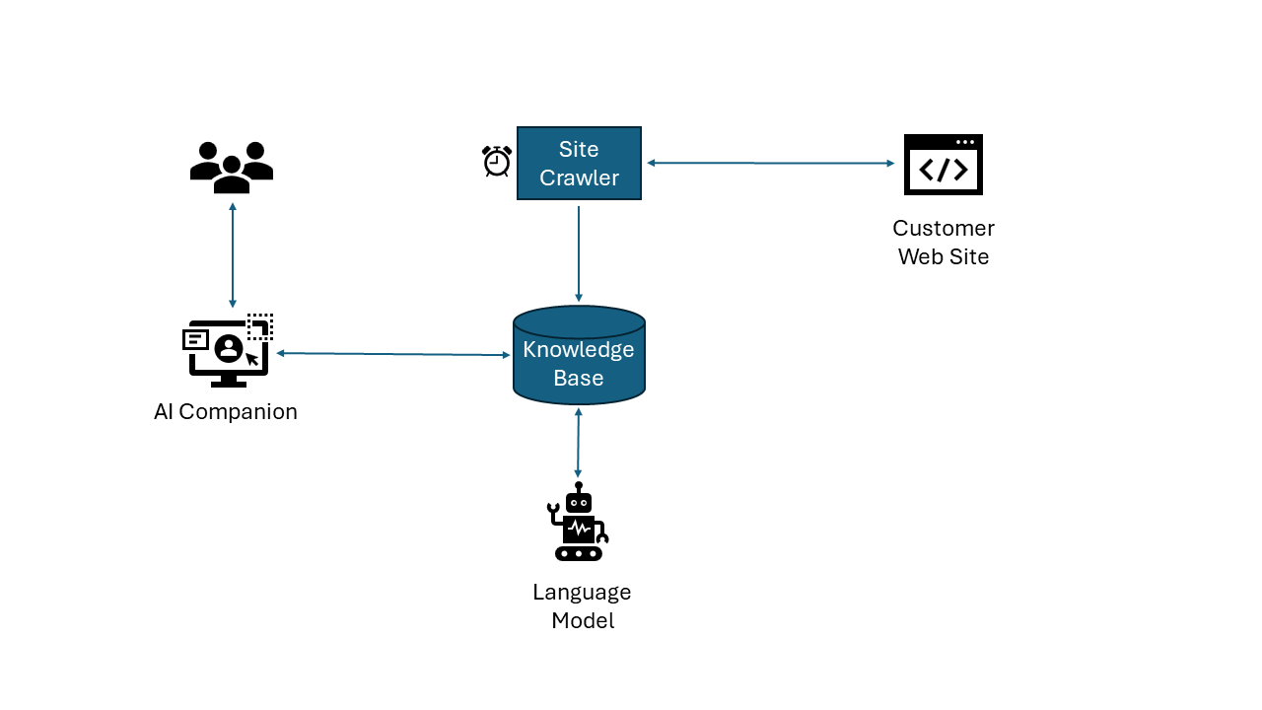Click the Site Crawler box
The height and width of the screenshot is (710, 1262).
pos(579,164)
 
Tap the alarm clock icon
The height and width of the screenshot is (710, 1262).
pos(497,161)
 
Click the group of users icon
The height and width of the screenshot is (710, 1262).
pos(232,168)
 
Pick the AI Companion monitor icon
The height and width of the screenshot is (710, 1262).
pos(228,351)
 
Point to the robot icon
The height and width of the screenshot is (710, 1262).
pos(579,523)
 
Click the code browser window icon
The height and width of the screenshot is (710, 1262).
pos(943,165)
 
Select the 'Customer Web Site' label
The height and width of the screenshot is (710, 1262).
pos(943,243)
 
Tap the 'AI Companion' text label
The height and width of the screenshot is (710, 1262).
pos(226,412)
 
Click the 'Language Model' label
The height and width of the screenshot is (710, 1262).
pos(582,606)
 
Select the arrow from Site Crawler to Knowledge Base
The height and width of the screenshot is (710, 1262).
pos(579,252)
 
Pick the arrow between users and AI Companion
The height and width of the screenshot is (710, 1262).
pos(233,255)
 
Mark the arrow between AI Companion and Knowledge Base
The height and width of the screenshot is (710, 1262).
pos(393,354)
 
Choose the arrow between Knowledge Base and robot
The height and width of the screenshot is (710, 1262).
pos(578,443)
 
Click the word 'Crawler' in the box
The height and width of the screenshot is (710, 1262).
pos(579,178)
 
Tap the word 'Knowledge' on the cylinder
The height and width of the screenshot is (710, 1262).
pos(579,350)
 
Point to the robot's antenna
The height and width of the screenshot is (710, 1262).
pos(579,487)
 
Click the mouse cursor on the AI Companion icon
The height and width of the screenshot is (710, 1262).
pos(252,359)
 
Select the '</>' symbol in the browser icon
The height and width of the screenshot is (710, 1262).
pos(943,171)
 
